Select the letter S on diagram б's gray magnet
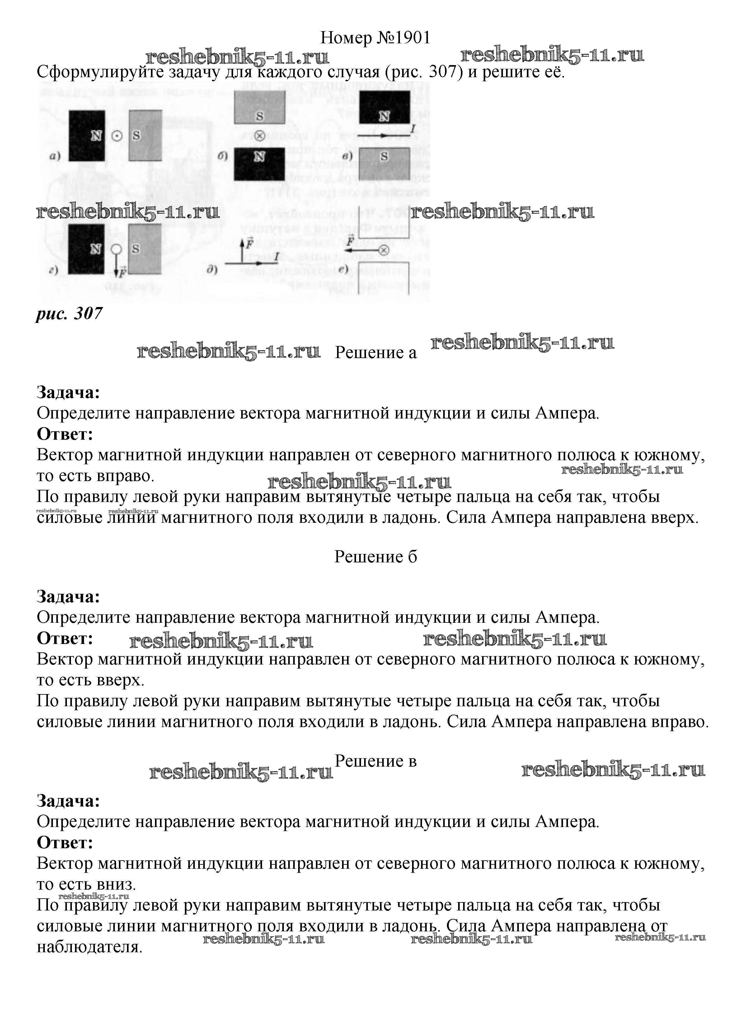click(x=259, y=116)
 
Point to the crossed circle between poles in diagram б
click(x=259, y=135)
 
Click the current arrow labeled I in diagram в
click(x=384, y=135)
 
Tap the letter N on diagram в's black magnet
click(x=384, y=116)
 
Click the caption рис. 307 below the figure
click(x=69, y=313)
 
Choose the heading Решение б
click(x=376, y=557)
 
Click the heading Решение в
click(x=376, y=761)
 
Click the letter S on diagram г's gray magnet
click(x=135, y=249)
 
